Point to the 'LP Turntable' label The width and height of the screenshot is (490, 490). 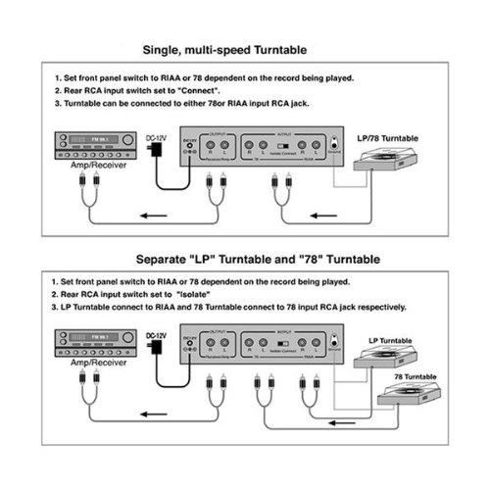coord(388,341)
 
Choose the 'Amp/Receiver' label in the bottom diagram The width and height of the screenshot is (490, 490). coord(81,374)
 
